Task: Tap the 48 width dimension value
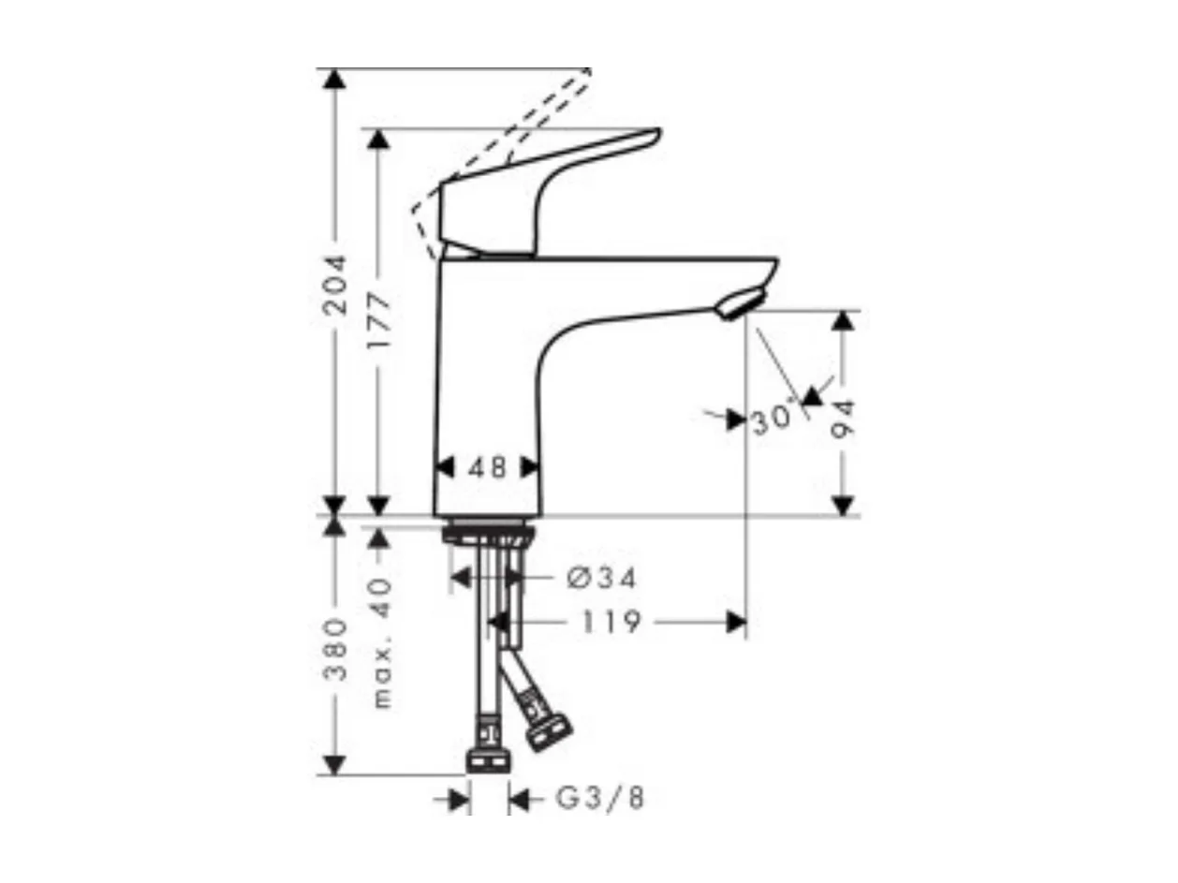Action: tap(487, 466)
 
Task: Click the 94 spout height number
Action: tap(844, 419)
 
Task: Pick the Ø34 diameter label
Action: tap(602, 579)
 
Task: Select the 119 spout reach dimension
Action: tap(610, 622)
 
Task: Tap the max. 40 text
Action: tap(381, 642)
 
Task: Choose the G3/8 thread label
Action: tap(600, 799)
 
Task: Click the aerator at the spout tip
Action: tap(740, 304)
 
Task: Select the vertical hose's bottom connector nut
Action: tap(487, 759)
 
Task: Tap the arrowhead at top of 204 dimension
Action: tap(333, 78)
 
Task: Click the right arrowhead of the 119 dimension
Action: tap(737, 622)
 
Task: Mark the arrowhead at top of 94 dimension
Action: tap(844, 320)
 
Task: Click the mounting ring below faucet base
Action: tap(488, 533)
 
